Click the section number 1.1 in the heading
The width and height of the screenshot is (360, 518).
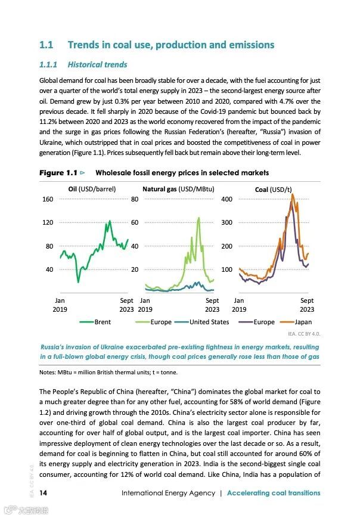pos(46,45)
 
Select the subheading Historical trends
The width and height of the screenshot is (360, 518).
pos(97,64)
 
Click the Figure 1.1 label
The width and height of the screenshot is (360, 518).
pos(58,173)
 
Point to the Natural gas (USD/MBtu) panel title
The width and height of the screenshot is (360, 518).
pos(179,189)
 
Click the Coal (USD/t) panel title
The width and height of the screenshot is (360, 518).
pos(272,189)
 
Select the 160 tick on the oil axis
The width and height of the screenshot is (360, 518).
pos(47,199)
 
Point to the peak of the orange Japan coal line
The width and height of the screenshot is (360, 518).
pos(292,194)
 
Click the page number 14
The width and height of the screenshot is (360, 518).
pos(44,493)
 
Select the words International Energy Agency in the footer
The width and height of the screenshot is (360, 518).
pos(167,493)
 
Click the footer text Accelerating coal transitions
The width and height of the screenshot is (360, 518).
pos(274,493)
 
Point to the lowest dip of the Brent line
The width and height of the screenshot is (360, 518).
pos(78,282)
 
